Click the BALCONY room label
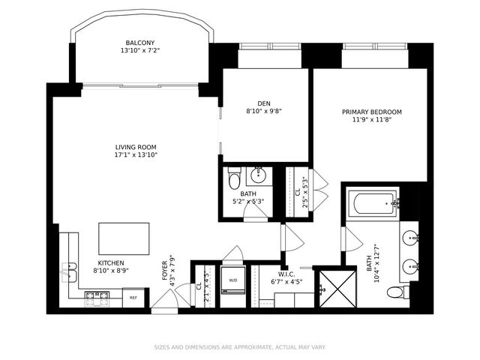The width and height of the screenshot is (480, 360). tap(140, 43)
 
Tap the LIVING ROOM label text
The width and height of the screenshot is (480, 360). tap(136, 147)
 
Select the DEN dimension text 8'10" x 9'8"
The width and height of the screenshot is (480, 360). tap(263, 111)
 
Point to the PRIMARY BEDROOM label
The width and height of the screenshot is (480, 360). tap(371, 112)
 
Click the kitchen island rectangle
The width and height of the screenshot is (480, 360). tap(124, 238)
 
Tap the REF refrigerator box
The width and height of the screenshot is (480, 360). tap(133, 298)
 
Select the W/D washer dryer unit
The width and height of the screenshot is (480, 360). tap(232, 281)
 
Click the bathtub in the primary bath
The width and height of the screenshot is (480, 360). tap(374, 202)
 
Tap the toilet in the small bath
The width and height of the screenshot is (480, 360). tap(234, 180)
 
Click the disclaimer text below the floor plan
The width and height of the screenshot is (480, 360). tap(239, 347)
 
